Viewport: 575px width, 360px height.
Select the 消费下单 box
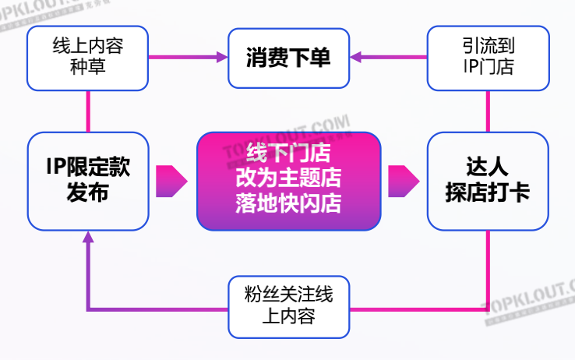(x=287, y=57)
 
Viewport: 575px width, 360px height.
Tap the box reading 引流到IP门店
(x=488, y=57)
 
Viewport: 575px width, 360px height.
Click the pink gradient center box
(x=287, y=181)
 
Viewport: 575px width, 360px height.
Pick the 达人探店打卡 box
(x=488, y=181)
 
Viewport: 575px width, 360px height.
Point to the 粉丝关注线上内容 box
(x=287, y=306)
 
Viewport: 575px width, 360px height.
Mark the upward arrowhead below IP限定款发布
(x=87, y=238)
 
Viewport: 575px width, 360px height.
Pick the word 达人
(x=488, y=167)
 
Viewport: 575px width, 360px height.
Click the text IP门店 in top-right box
(x=488, y=68)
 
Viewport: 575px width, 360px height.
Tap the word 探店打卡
(x=488, y=194)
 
